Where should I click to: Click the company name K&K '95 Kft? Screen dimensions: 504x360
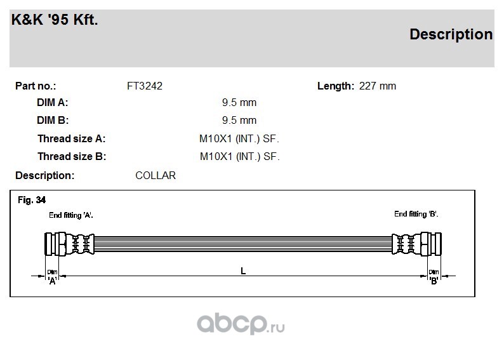pyautogui.click(x=55, y=19)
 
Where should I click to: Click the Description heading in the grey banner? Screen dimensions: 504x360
pyautogui.click(x=451, y=34)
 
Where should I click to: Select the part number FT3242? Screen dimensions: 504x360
pyautogui.click(x=145, y=86)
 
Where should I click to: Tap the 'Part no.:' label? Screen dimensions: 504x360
pyautogui.click(x=36, y=86)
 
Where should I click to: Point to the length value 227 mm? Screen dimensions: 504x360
pyautogui.click(x=377, y=86)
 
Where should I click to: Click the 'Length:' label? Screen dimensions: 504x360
pyautogui.click(x=336, y=86)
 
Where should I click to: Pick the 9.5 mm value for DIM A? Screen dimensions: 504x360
pyautogui.click(x=239, y=102)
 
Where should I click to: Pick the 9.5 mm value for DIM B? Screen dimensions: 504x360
pyautogui.click(x=239, y=120)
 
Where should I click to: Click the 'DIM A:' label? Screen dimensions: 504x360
pyautogui.click(x=53, y=102)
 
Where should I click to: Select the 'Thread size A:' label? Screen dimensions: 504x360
pyautogui.click(x=71, y=138)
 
